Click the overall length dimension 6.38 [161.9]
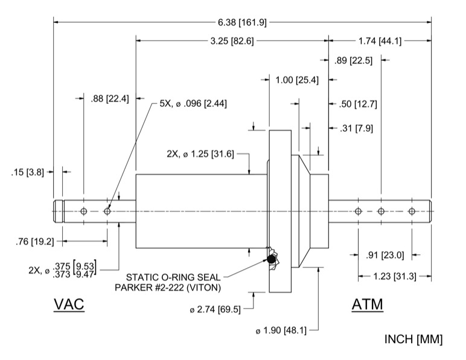click(242, 22)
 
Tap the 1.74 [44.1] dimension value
click(380, 42)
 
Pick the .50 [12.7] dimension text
click(357, 104)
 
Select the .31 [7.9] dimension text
click(354, 127)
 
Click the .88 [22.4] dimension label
click(109, 99)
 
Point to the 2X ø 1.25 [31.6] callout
click(205, 154)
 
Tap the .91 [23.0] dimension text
click(385, 254)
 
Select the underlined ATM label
click(367, 304)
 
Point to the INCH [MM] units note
click(413, 339)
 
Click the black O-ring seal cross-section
click(272, 260)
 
